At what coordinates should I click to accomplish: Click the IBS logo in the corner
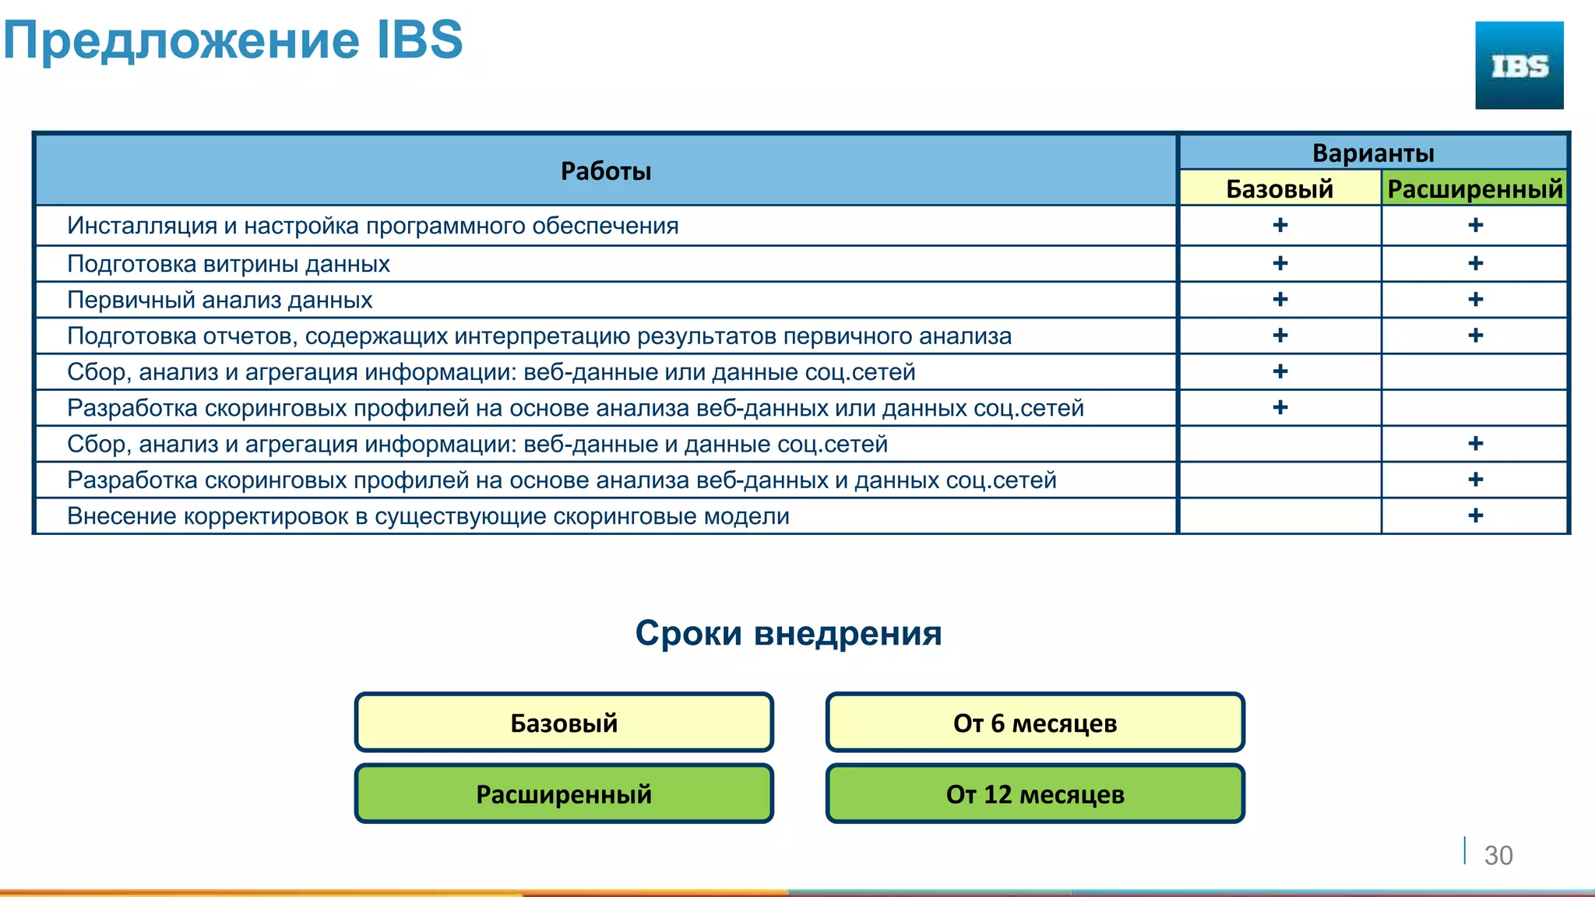click(1519, 65)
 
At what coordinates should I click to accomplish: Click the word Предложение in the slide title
click(181, 40)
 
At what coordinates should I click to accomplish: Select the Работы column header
click(605, 171)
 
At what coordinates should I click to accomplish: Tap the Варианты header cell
click(1372, 153)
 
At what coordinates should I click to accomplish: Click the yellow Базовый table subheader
click(1280, 188)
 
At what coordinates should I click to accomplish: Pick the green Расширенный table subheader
click(1474, 188)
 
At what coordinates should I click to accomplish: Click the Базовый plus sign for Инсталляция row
click(1280, 225)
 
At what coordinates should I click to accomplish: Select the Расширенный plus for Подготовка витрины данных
click(1475, 263)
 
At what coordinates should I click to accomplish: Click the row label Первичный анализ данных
click(220, 300)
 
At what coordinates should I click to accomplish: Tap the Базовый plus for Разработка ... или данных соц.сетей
click(1280, 407)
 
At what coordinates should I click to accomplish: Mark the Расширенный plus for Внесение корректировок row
click(1475, 515)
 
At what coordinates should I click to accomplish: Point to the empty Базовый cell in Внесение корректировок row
click(1280, 515)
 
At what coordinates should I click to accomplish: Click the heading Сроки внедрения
click(788, 633)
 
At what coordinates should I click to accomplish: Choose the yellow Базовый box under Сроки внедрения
click(564, 723)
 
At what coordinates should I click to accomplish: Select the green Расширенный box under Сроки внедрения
click(564, 793)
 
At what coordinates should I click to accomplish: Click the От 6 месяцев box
click(1035, 723)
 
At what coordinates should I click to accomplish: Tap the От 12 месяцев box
click(1035, 793)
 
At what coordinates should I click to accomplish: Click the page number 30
click(1498, 855)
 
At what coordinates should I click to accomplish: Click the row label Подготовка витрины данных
click(228, 264)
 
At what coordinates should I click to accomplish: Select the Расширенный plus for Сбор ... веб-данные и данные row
click(1475, 444)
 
